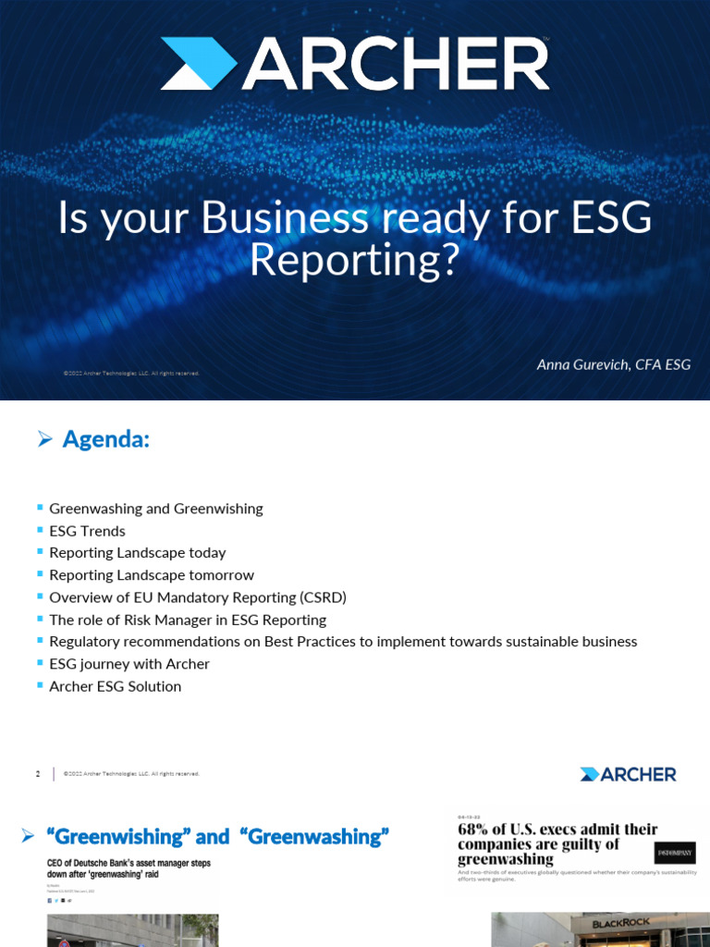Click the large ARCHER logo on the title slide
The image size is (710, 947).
355,65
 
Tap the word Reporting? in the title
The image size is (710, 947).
354,261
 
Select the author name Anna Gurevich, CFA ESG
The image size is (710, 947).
613,364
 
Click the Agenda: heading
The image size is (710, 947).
105,440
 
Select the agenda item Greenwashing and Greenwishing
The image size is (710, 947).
155,509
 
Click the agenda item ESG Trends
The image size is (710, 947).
87,531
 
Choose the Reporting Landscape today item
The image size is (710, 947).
137,553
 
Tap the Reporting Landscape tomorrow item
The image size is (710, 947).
151,575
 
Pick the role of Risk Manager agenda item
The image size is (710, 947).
188,620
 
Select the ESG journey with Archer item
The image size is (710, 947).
129,664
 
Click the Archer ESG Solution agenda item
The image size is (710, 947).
115,686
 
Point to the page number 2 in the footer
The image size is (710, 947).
38,774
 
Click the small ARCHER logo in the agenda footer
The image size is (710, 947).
628,774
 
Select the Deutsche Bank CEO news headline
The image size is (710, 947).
129,868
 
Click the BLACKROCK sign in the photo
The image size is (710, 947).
622,923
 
